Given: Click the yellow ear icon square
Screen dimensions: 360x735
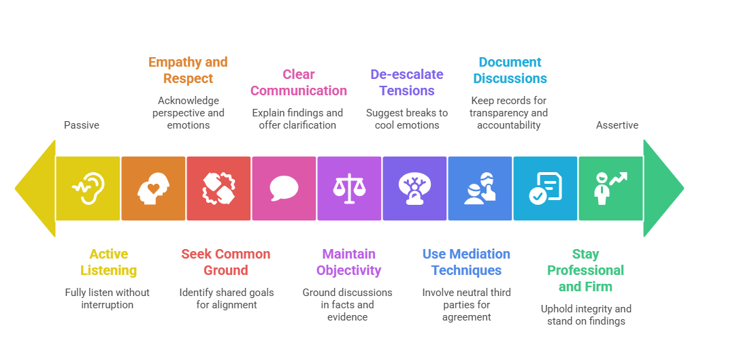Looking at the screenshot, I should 88,189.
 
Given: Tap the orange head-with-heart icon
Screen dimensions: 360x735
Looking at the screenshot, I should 153,189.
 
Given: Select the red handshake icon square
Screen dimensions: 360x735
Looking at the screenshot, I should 218,189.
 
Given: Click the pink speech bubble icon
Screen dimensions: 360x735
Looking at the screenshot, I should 284,189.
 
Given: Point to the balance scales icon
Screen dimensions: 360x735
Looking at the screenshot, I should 349,189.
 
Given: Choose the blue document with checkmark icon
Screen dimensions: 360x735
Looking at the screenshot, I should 545,189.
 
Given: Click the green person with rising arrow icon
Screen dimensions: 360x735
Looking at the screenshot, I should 610,189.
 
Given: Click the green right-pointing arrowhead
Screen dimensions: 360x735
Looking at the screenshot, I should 663,189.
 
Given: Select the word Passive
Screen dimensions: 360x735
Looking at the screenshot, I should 82,125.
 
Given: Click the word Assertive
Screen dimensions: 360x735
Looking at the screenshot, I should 617,125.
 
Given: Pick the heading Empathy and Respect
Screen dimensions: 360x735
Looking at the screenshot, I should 188,70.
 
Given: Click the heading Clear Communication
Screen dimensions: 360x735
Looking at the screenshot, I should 299,82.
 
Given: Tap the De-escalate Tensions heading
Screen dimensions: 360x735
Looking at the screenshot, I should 407,82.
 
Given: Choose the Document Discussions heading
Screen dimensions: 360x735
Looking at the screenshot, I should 510,70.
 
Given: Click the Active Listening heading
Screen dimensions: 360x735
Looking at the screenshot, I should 108,262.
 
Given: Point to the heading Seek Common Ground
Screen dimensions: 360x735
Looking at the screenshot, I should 226,262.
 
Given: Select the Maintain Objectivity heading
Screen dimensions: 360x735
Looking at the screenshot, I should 348,262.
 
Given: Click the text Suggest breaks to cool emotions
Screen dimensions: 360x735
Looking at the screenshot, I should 407,119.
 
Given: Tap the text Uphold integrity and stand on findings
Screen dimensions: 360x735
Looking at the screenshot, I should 586,314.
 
